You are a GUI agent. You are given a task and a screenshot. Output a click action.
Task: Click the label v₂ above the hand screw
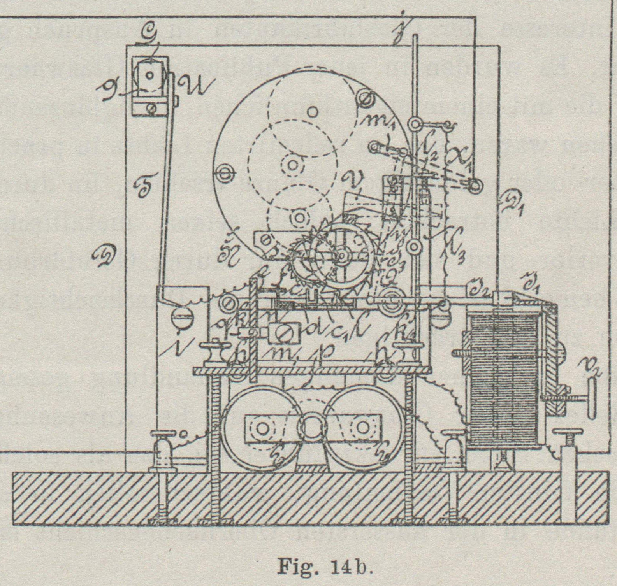(591, 367)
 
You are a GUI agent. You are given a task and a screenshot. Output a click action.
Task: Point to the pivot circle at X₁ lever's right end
(474, 186)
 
